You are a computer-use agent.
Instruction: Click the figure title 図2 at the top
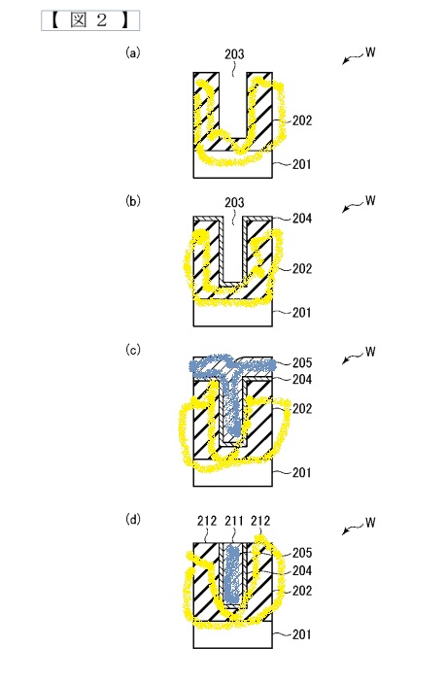[90, 20]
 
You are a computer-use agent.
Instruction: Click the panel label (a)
[133, 52]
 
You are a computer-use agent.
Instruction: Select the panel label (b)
[133, 201]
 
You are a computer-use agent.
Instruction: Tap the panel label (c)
[133, 350]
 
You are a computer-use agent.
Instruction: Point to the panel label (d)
[133, 519]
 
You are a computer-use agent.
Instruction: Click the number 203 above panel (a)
[234, 54]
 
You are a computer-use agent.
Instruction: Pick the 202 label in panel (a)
[302, 120]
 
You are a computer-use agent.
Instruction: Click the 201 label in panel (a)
[302, 164]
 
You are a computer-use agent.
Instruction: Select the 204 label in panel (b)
[302, 219]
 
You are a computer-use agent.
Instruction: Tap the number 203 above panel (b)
[234, 203]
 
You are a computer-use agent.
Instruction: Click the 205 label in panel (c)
[302, 362]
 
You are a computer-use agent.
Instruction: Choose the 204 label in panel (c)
[302, 380]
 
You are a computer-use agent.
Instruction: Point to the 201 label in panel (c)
[302, 472]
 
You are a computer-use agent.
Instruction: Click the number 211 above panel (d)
[234, 521]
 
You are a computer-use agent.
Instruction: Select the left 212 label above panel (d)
[207, 521]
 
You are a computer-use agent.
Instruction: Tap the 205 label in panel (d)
[302, 553]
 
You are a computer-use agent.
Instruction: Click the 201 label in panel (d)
[302, 634]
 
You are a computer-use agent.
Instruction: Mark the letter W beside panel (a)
[370, 52]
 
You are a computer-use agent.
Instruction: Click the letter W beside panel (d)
[370, 522]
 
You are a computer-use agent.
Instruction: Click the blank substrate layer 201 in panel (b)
[233, 316]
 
